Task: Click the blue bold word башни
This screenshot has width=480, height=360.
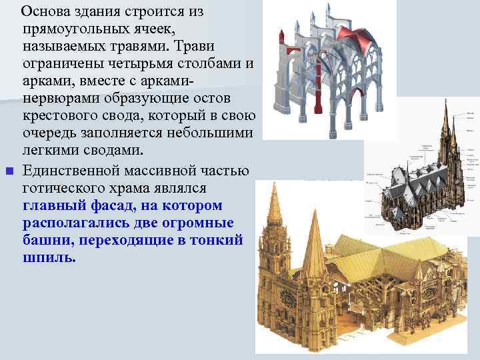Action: tap(44, 240)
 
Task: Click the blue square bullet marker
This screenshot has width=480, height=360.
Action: tap(8, 172)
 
